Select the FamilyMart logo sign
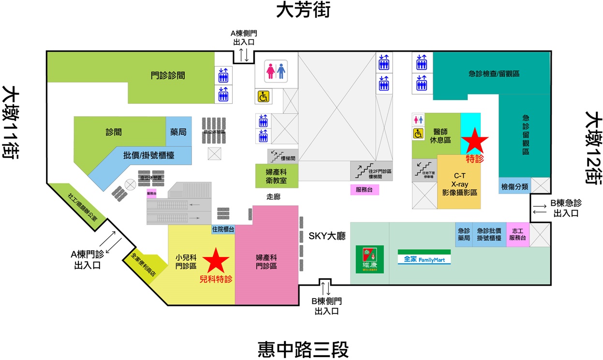[x=424, y=257]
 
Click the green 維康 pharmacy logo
[x=369, y=259]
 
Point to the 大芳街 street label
[x=303, y=10]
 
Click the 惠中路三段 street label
[x=303, y=349]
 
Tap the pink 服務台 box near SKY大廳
[x=365, y=190]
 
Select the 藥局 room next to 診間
[x=178, y=132]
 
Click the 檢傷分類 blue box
[x=514, y=186]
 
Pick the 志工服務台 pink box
[x=518, y=235]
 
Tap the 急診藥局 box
[x=464, y=235]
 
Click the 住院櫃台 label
[x=223, y=230]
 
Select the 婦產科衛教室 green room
[x=277, y=176]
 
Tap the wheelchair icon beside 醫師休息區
[x=418, y=133]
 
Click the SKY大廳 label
[x=327, y=236]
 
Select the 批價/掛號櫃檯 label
[x=148, y=156]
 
